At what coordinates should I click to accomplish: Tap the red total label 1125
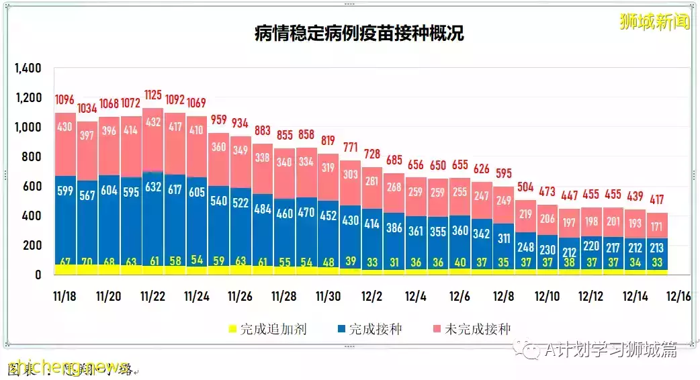(153, 95)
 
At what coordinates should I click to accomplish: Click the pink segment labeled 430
(65, 144)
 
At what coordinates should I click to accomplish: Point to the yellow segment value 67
(65, 261)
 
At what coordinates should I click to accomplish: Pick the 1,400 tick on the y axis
(28, 68)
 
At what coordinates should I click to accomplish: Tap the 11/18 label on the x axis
(65, 296)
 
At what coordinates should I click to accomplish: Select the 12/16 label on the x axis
(678, 296)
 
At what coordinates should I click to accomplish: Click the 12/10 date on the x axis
(548, 296)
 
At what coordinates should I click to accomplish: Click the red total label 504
(526, 187)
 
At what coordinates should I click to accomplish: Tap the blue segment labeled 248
(526, 246)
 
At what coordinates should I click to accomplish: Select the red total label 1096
(65, 99)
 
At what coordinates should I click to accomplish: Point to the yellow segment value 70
(87, 261)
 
